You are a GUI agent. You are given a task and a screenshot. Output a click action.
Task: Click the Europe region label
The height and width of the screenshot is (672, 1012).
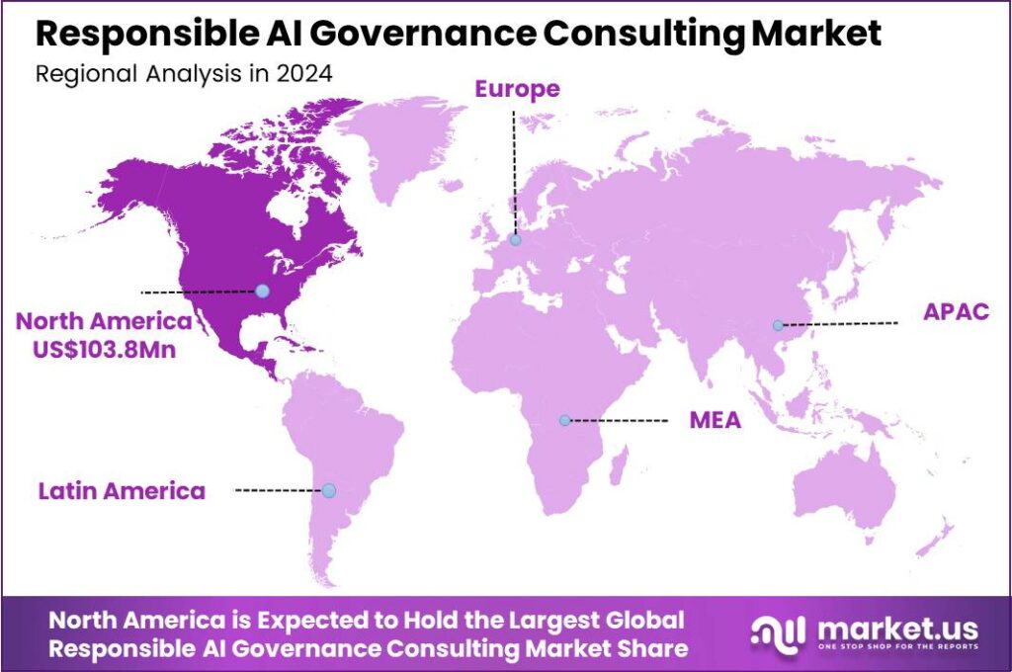[x=517, y=89]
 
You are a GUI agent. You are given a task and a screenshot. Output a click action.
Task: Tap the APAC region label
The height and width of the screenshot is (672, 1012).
[x=956, y=312]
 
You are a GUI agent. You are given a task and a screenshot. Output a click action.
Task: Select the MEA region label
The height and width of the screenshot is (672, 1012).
[x=715, y=421]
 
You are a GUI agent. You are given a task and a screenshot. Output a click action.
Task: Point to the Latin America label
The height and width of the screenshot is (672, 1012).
[x=122, y=490]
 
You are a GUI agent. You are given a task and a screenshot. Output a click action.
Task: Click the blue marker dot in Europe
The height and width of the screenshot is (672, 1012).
[x=515, y=239]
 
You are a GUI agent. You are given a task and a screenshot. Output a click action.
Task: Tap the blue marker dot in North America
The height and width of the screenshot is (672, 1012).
[x=262, y=291]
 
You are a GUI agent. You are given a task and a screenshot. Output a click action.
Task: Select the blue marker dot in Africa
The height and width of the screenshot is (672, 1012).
[x=564, y=420]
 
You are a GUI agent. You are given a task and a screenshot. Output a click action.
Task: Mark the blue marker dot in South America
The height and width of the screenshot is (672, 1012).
[x=329, y=490]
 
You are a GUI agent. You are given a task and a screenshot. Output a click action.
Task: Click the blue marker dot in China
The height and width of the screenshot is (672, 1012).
[x=778, y=325]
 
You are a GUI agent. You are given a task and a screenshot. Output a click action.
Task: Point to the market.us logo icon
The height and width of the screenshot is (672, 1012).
[x=773, y=631]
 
